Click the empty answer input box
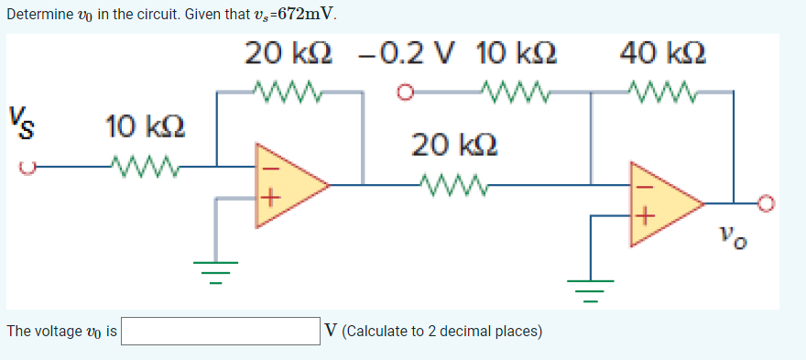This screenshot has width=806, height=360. [x=221, y=330]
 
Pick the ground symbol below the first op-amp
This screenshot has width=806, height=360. [x=216, y=270]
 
